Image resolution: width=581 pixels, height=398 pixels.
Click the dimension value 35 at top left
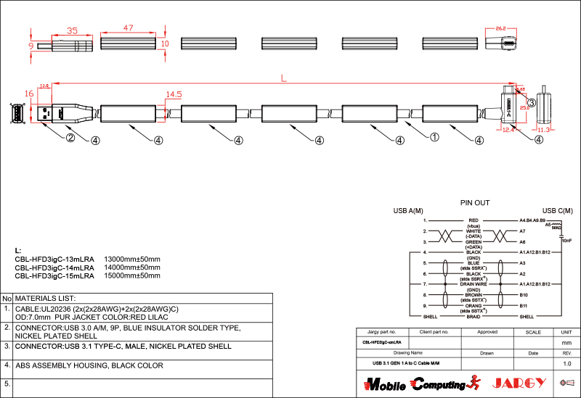[x=72, y=30]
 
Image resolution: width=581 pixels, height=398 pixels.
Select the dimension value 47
[x=128, y=28]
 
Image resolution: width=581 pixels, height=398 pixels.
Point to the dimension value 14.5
[x=174, y=95]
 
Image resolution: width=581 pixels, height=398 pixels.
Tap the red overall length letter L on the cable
[x=284, y=78]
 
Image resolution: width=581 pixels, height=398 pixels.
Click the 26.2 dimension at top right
[x=500, y=28]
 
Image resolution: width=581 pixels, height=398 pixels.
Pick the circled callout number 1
[x=434, y=136]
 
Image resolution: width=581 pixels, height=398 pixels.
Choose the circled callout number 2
[x=70, y=137]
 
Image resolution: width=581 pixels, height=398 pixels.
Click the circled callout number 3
[x=532, y=103]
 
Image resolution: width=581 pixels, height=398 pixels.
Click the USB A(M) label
[x=408, y=210]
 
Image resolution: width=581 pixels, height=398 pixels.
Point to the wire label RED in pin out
[x=474, y=220]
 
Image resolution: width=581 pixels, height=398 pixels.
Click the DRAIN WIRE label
[x=474, y=284]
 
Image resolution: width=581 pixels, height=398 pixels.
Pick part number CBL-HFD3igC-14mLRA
[x=54, y=268]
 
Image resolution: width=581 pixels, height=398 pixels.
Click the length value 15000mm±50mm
[x=132, y=275]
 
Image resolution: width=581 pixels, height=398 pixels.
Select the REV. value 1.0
[x=566, y=363]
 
